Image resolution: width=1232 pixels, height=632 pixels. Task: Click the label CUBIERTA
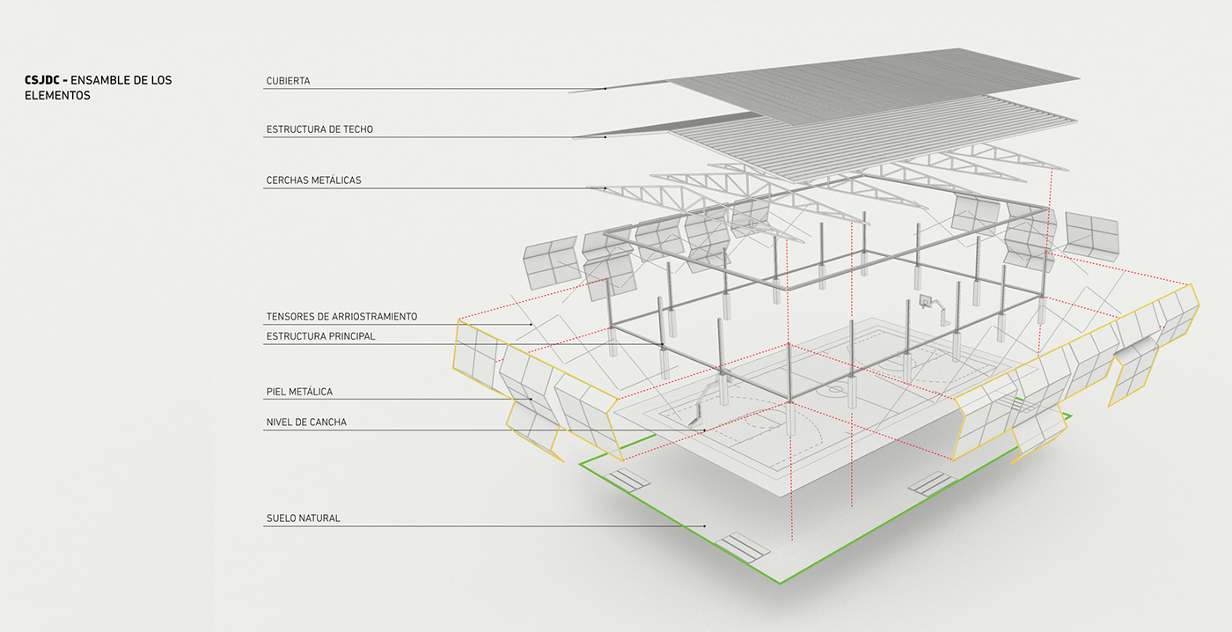tap(288, 81)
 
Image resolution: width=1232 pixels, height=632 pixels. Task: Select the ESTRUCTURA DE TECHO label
tap(319, 129)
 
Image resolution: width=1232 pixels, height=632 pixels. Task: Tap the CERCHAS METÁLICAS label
tap(313, 180)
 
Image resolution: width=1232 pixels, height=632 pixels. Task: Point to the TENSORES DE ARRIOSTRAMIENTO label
tap(341, 316)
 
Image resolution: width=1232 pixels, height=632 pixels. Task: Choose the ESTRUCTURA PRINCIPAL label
tap(320, 336)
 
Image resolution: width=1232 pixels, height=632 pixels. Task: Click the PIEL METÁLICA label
tap(299, 392)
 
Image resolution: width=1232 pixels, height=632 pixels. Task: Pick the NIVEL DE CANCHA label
tap(306, 423)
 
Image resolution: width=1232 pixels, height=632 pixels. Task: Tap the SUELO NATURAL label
tap(303, 518)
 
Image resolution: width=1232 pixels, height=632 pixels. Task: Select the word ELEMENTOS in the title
tap(57, 96)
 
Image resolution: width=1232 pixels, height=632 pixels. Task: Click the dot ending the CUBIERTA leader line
tap(605, 89)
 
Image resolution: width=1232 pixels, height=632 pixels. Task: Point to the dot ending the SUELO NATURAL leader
tap(705, 526)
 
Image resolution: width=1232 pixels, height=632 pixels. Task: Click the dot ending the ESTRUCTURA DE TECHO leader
tap(605, 137)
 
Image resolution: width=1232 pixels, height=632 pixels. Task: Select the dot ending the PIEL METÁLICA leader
tap(531, 400)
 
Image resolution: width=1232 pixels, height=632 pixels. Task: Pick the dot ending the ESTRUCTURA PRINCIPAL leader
tap(663, 344)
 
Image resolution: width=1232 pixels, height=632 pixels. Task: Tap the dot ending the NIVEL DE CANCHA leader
tap(705, 430)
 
